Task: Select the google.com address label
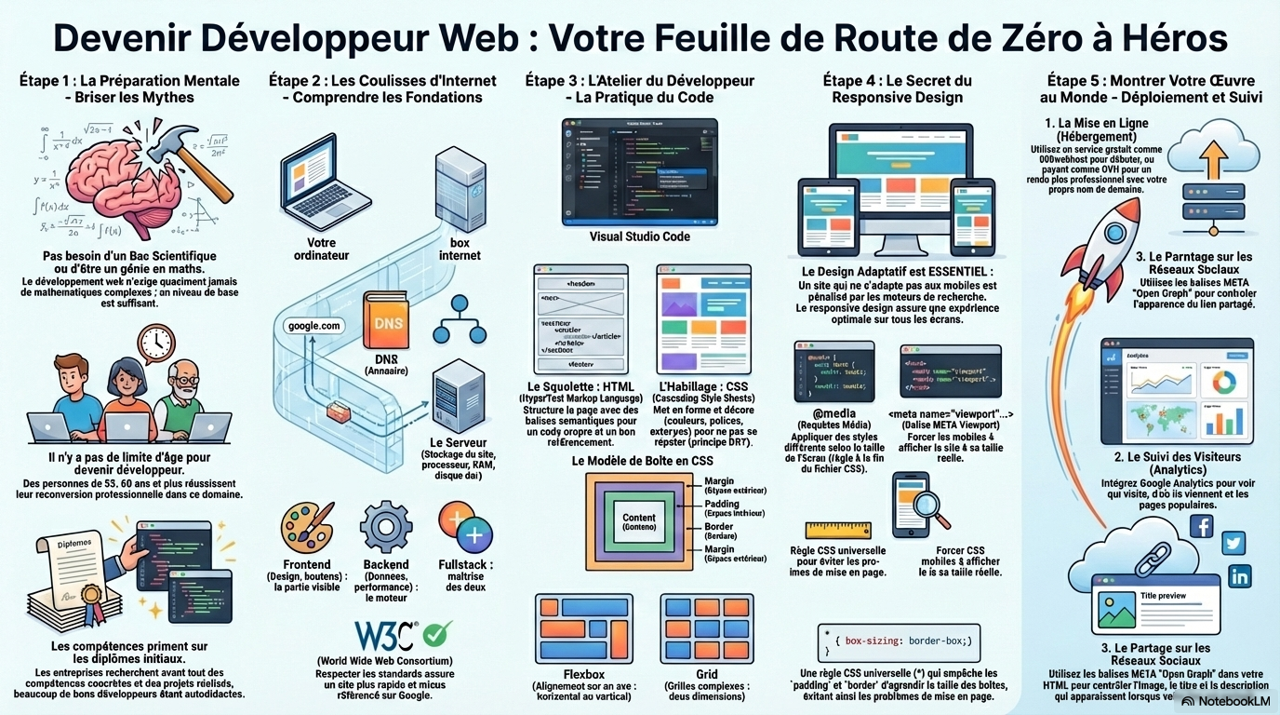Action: [314, 326]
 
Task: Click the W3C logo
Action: [385, 635]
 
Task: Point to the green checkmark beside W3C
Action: [437, 634]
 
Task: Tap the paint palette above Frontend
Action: [307, 528]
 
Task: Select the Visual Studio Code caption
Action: [639, 236]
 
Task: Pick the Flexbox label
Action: [584, 674]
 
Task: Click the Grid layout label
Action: [706, 674]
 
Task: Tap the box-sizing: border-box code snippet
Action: [900, 641]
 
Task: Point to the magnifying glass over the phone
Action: [930, 503]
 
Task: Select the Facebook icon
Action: [1202, 527]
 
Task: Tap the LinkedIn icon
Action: [1239, 576]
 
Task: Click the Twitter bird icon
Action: [1233, 544]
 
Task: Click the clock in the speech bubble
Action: [156, 344]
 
